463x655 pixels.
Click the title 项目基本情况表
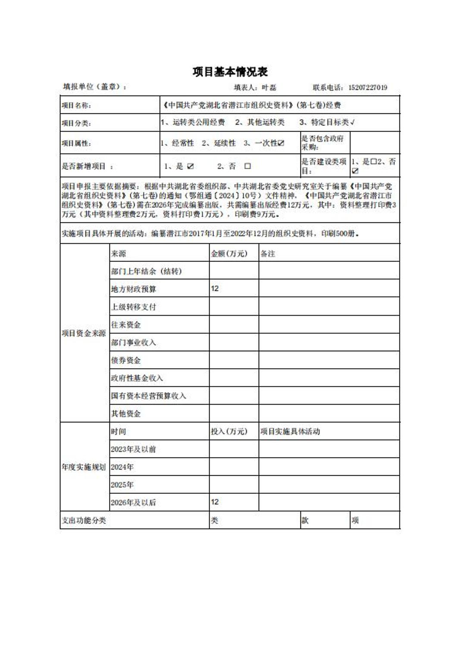coord(230,72)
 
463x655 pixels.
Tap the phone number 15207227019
coord(368,87)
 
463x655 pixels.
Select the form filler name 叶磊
coord(269,87)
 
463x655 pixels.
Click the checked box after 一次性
coord(281,143)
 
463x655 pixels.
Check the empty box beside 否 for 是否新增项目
coord(247,166)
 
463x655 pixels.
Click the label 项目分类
coord(76,123)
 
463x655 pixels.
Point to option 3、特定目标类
coord(326,122)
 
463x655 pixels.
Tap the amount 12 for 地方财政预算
coord(215,288)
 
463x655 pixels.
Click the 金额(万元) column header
coord(229,253)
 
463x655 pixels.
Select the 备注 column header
coord(268,254)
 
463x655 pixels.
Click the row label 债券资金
coord(126,360)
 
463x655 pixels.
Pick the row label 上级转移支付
coord(134,307)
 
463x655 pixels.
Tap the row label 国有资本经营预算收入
coord(148,396)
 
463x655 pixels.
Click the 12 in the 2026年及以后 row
coord(215,502)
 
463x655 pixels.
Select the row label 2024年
coord(122,467)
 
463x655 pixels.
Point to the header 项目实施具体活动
coord(290,431)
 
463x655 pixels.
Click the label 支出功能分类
coord(84,520)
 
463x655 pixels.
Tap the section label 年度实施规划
coord(84,467)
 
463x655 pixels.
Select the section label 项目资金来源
coord(84,333)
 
